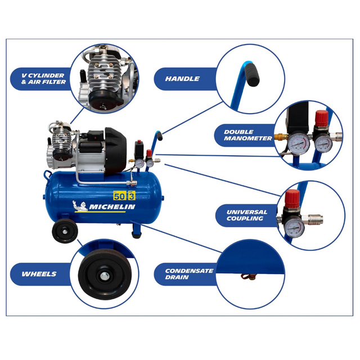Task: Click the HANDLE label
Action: click(182, 79)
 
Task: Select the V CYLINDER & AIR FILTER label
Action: click(39, 79)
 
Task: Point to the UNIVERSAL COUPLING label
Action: click(247, 215)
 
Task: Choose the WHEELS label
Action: click(39, 274)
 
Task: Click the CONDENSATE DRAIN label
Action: click(189, 274)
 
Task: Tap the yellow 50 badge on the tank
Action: click(118, 196)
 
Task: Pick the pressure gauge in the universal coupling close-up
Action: click(294, 227)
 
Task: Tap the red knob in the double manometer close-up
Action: click(321, 119)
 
